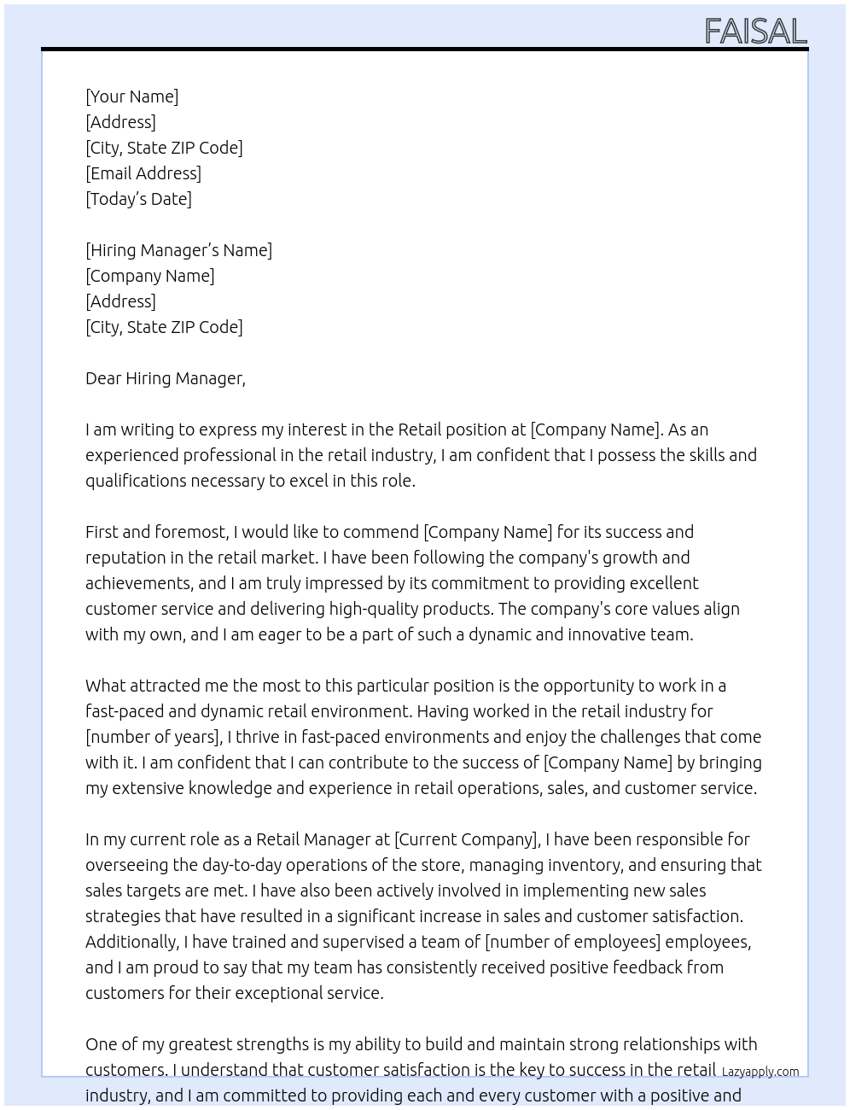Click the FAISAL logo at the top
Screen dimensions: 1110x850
click(x=755, y=32)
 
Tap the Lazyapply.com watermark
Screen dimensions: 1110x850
click(x=760, y=1072)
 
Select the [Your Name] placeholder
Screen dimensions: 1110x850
click(x=131, y=96)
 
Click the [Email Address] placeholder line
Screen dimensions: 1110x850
click(x=143, y=173)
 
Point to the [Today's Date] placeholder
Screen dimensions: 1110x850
click(x=138, y=199)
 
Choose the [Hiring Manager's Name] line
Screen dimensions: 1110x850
click(x=178, y=250)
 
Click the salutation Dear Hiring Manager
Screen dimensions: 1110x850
click(x=165, y=378)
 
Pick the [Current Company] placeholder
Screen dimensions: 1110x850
click(x=466, y=839)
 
